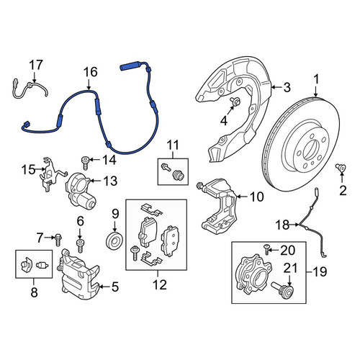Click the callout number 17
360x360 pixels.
click(x=36, y=65)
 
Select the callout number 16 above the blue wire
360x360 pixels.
click(x=91, y=72)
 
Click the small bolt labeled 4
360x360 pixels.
click(x=235, y=102)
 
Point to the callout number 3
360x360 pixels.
click(x=287, y=87)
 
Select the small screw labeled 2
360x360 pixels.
click(x=341, y=168)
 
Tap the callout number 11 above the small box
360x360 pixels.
click(x=173, y=145)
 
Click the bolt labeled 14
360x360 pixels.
click(x=86, y=163)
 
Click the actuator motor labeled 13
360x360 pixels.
click(x=81, y=192)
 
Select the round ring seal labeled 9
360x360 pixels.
click(x=114, y=240)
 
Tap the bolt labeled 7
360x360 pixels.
click(x=58, y=240)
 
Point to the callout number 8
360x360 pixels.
click(x=34, y=292)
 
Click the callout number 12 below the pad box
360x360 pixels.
click(x=160, y=285)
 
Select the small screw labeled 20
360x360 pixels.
click(x=267, y=250)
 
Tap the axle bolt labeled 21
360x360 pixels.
click(x=283, y=291)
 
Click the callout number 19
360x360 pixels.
click(x=320, y=272)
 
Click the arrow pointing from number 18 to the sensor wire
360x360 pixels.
click(x=294, y=225)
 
